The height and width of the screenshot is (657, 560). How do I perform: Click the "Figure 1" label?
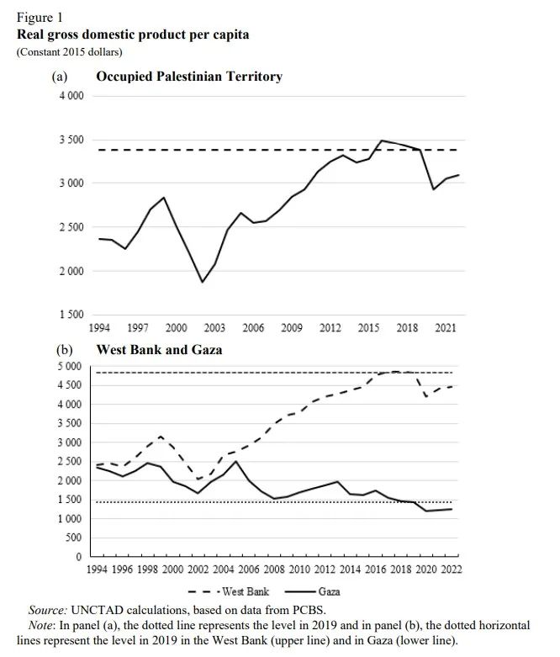[x=40, y=18]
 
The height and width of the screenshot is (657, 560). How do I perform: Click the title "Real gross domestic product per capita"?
[x=133, y=34]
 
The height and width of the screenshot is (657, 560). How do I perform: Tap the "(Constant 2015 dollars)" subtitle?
[x=70, y=52]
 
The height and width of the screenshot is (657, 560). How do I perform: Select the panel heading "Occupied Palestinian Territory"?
[x=189, y=77]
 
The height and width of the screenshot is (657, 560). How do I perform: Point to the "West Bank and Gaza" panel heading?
[x=160, y=349]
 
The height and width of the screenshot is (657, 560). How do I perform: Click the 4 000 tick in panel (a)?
[x=71, y=96]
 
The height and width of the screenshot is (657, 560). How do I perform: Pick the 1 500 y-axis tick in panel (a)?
[x=71, y=315]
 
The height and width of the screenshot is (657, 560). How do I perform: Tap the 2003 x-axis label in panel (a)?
[x=214, y=328]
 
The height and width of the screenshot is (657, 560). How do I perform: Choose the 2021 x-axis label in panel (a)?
[x=446, y=328]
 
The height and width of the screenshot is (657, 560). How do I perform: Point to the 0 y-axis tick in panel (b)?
[x=78, y=557]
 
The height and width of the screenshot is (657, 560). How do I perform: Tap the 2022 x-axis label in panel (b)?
[x=451, y=570]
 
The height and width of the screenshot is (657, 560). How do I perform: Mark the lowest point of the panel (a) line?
[x=202, y=282]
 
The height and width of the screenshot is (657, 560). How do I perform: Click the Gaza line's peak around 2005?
[x=236, y=461]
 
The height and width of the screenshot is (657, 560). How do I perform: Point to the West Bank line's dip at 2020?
[x=426, y=396]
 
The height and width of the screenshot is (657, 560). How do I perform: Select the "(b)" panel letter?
[x=64, y=349]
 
